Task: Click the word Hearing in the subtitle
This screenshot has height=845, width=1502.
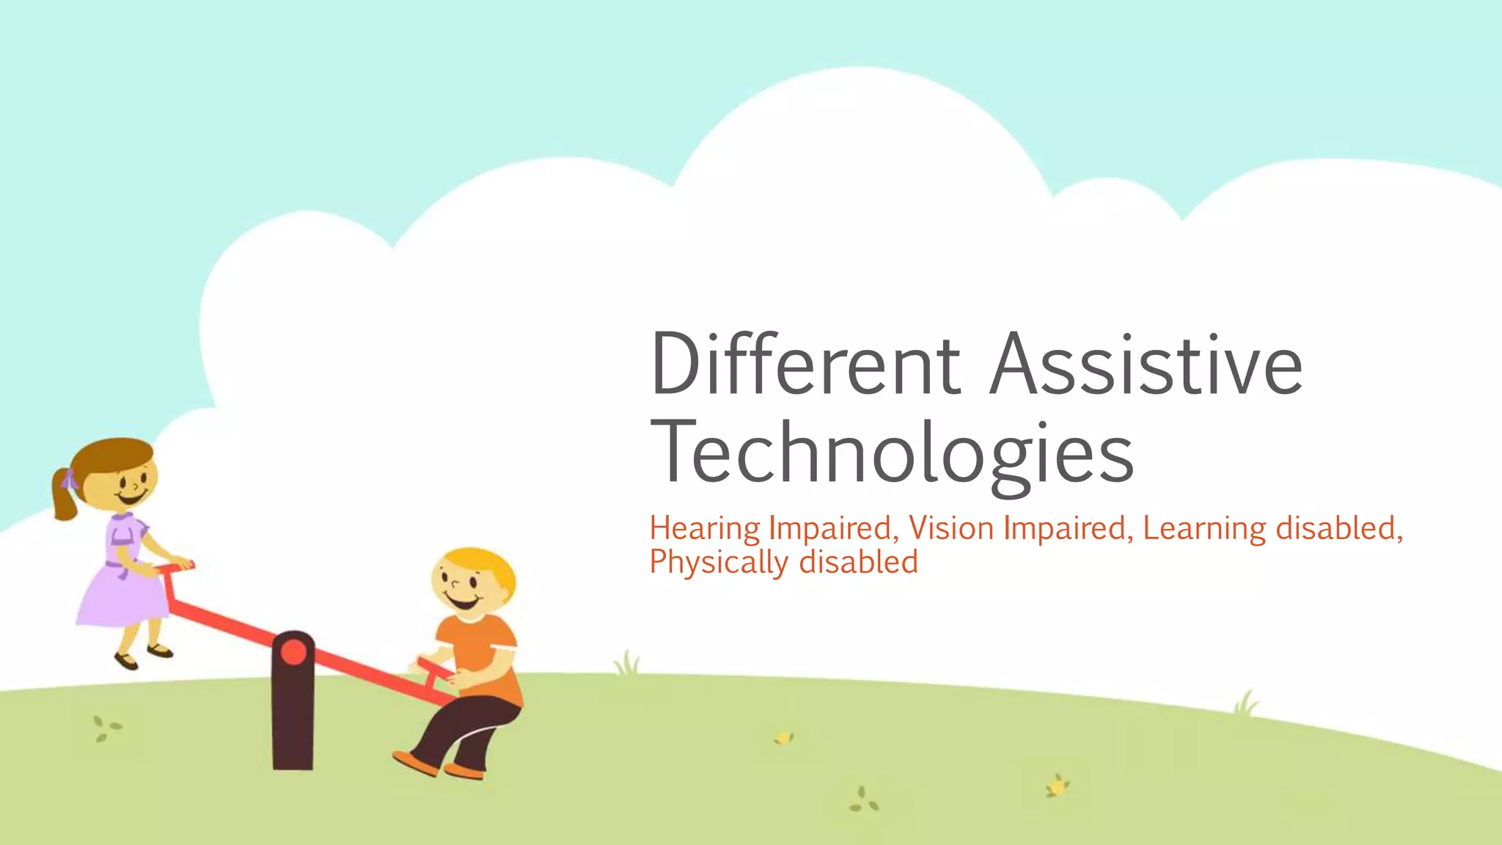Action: [705, 529]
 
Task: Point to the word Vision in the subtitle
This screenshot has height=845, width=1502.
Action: [951, 528]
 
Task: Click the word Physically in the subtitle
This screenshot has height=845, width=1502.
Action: [718, 563]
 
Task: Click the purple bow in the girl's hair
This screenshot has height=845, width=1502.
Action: [70, 480]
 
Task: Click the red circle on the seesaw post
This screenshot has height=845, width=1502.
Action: [293, 652]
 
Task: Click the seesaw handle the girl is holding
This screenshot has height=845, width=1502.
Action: [176, 566]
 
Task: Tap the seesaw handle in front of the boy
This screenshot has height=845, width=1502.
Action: [433, 669]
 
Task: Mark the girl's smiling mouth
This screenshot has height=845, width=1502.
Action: [132, 499]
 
